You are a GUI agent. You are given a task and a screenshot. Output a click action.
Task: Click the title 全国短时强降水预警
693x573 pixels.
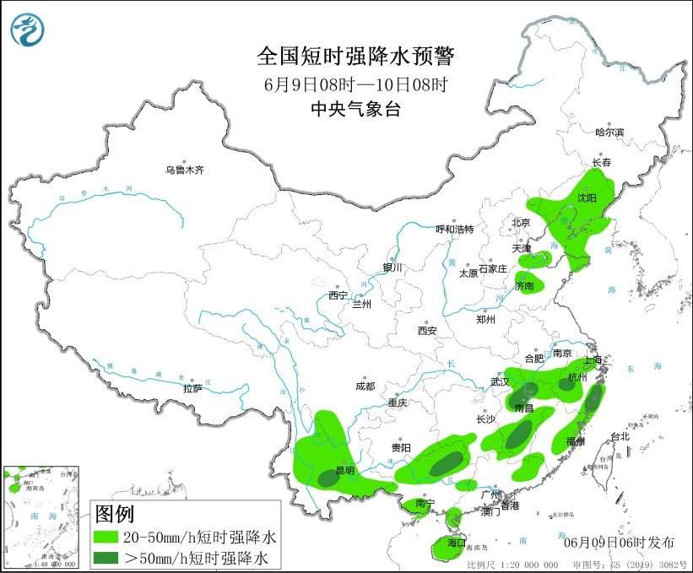pos(355,57)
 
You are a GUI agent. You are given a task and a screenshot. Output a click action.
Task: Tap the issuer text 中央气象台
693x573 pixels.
pos(355,107)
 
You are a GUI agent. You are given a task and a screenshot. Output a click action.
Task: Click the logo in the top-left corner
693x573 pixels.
pos(29,30)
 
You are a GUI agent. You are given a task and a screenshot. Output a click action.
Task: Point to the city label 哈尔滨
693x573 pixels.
pos(609,132)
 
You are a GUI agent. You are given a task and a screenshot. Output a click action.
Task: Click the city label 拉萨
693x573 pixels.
pos(192,388)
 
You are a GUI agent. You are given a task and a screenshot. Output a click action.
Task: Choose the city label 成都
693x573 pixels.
pos(365,387)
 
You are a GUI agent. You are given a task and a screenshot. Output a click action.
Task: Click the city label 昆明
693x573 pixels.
pos(345,470)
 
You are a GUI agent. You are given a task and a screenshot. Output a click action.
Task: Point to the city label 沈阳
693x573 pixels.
pos(587,197)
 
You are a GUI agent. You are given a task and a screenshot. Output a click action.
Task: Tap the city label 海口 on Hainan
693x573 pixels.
pos(457,542)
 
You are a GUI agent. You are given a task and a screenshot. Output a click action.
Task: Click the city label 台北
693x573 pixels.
pos(620,436)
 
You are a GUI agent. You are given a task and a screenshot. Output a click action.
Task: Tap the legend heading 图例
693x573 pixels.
pos(114,512)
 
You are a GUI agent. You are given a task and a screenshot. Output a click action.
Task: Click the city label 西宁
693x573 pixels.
pos(338,295)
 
